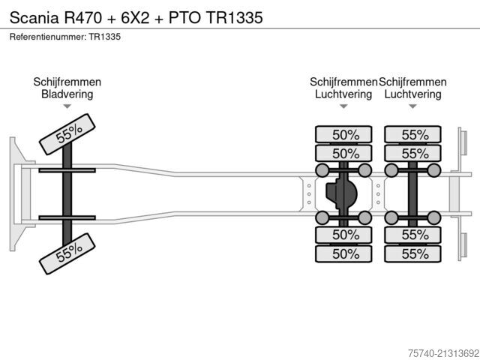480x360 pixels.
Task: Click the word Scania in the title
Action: (34, 17)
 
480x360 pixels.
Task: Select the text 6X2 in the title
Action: (135, 17)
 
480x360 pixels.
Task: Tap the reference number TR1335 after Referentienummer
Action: (105, 37)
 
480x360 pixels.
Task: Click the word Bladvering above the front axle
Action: (67, 94)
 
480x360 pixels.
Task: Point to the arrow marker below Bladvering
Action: (67, 106)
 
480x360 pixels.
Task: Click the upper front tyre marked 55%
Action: (67, 134)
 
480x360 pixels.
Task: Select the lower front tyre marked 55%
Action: (67, 253)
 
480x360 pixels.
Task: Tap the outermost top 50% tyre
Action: (343, 134)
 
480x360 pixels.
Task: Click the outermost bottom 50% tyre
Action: (343, 253)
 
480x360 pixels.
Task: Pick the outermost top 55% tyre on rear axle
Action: (412, 134)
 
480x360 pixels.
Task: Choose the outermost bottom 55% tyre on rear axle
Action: (412, 253)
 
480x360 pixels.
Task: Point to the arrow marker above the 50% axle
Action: (343, 106)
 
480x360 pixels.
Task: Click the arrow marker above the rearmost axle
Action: (412, 106)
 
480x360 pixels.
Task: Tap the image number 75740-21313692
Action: (443, 353)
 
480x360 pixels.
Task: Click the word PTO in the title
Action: (184, 17)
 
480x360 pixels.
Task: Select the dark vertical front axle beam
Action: (67, 194)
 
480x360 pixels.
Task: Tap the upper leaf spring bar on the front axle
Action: (67, 170)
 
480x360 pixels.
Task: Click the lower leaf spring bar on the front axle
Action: (67, 217)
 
